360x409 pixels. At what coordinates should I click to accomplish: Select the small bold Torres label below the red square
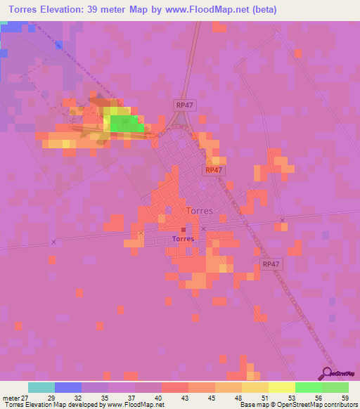183,238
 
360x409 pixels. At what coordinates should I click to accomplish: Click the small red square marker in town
183,229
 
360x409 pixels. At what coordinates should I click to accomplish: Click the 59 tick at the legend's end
345,397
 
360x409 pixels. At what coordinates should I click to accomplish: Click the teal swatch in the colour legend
41,387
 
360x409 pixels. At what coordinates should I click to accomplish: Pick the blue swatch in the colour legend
67,387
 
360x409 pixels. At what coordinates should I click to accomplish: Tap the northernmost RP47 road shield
184,104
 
